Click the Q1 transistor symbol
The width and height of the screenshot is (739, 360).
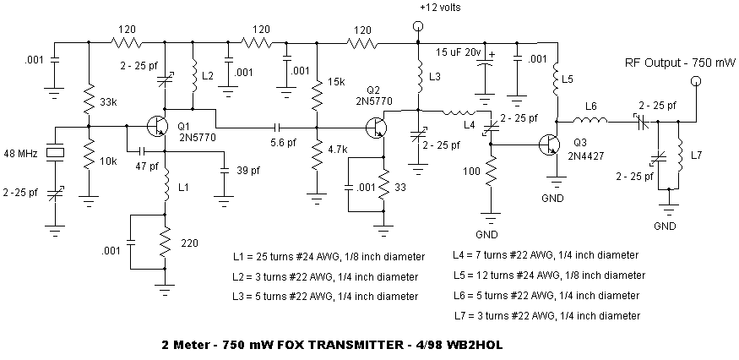[x=156, y=126]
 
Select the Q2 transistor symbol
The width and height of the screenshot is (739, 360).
[x=377, y=127]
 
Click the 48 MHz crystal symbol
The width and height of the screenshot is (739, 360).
[x=55, y=152]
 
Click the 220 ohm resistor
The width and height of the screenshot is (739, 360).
[x=165, y=242]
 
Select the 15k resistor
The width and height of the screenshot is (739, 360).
[x=318, y=92]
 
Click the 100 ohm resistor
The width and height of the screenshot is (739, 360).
[x=491, y=172]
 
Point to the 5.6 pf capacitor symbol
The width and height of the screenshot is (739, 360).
[x=277, y=127]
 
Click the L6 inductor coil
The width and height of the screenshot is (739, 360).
[x=591, y=121]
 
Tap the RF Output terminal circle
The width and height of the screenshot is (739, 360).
[x=695, y=81]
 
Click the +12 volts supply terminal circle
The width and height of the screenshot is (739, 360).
[x=417, y=26]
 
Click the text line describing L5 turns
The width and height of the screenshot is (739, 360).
[x=549, y=275]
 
